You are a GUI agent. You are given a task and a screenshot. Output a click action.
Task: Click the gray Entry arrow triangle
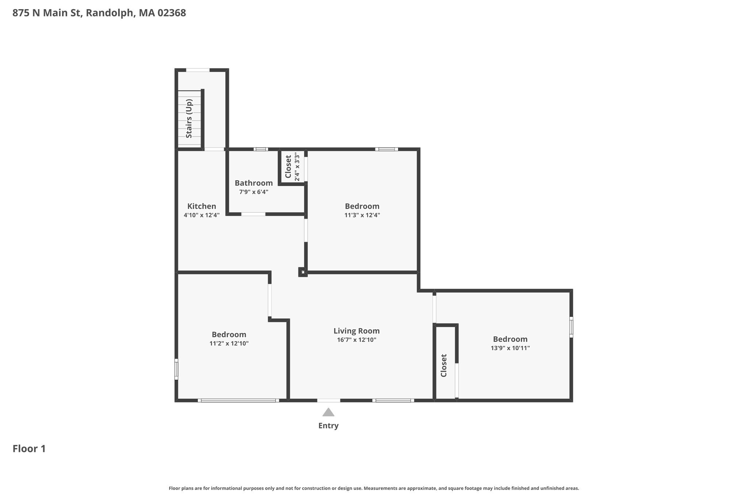[328, 412]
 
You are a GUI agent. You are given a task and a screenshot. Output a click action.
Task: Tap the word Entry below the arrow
[328, 426]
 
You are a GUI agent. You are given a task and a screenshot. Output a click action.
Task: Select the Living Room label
[356, 331]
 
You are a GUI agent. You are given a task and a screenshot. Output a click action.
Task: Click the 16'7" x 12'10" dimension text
[356, 340]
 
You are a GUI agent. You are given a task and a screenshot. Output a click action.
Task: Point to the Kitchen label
[202, 206]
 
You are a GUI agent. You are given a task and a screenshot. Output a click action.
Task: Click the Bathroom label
[253, 183]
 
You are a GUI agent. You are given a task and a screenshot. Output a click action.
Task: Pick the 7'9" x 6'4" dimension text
[253, 192]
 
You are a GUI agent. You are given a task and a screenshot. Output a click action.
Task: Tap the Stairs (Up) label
[189, 119]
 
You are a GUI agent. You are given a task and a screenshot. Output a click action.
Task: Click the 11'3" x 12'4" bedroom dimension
[362, 215]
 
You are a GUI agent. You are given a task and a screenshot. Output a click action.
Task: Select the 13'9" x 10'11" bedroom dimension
[510, 348]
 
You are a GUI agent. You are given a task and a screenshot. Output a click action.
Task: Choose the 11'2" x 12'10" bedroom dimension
[229, 344]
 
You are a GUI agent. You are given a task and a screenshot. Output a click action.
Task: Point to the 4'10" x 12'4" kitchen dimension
[202, 215]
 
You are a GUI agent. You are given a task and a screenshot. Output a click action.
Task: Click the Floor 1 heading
[29, 449]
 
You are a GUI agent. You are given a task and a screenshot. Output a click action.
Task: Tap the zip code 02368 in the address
[172, 13]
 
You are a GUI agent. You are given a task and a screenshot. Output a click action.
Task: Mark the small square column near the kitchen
[303, 272]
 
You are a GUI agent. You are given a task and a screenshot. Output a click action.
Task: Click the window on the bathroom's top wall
[261, 149]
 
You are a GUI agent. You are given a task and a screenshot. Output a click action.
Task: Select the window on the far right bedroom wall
[571, 327]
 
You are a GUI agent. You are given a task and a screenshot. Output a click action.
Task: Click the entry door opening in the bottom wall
[329, 401]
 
